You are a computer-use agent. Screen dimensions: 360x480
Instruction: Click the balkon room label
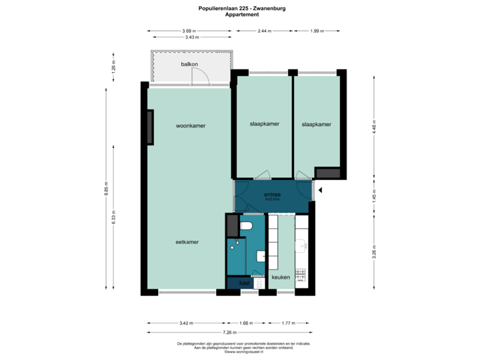point(190,65)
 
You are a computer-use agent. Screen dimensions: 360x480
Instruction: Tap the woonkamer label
point(190,125)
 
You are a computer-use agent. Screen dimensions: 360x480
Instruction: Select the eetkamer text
point(187,242)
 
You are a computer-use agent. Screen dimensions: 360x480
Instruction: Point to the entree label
point(273,194)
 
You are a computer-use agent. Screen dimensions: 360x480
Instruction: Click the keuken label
point(281,277)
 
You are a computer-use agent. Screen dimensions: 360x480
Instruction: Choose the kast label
point(245,283)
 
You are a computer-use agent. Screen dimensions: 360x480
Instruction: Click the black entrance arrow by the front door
point(321,190)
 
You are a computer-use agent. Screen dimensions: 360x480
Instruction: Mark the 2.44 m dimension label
point(265,31)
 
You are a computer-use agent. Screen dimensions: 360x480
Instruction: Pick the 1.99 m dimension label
point(316,31)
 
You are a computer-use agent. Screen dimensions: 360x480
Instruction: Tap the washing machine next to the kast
point(259,283)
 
